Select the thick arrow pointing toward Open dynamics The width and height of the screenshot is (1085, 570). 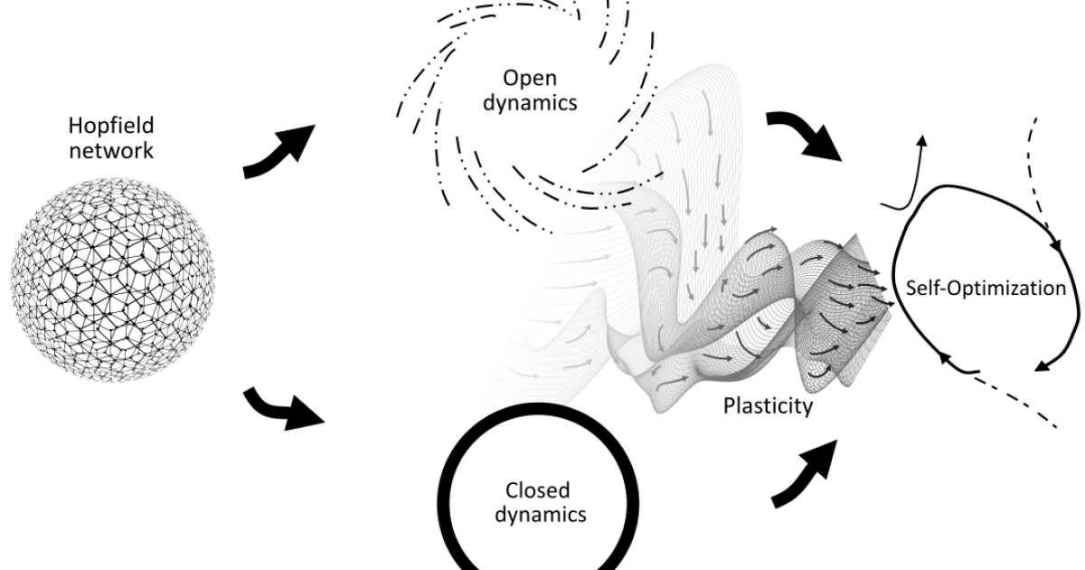pyautogui.click(x=280, y=150)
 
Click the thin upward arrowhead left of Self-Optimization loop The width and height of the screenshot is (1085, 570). pyautogui.click(x=921, y=143)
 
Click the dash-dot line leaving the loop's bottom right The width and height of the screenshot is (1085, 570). pyautogui.click(x=1022, y=398)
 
